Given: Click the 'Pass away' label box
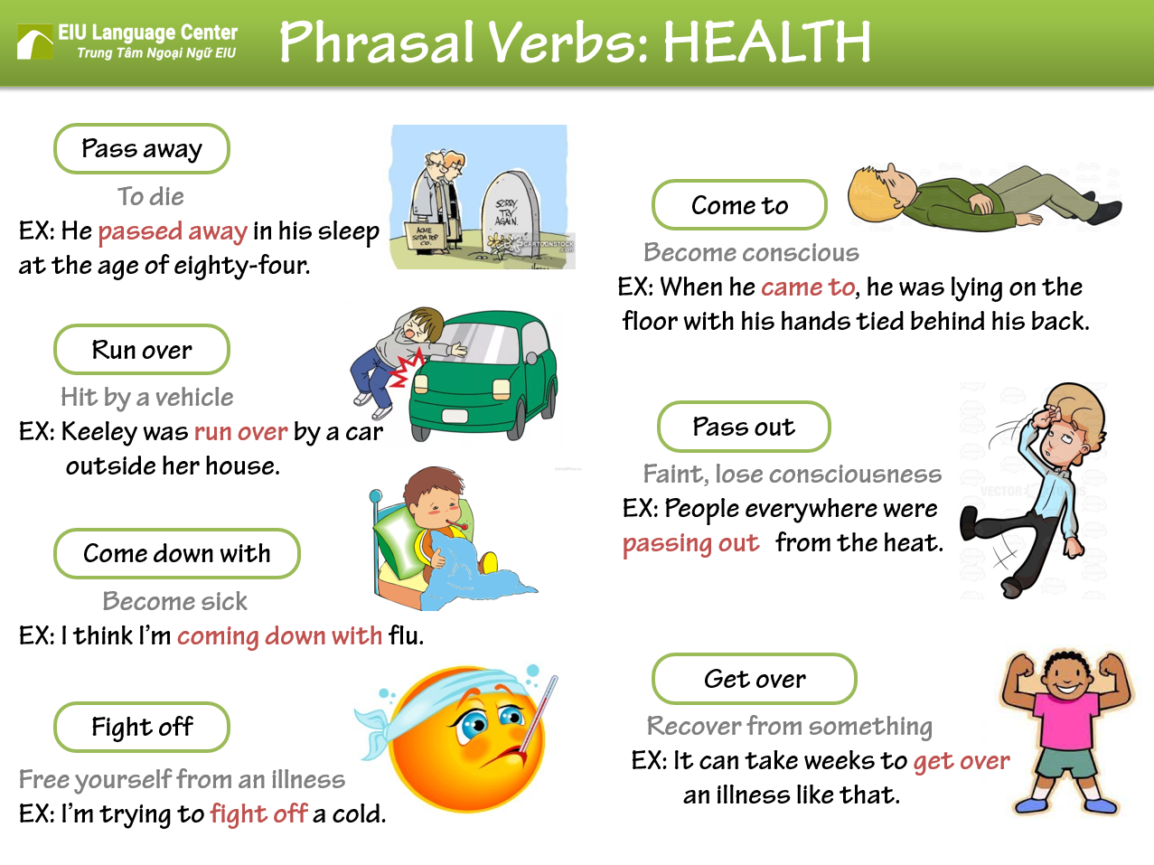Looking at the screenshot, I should tap(142, 149).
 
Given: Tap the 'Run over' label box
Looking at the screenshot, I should tap(142, 350).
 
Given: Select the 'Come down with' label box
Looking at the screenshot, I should tap(177, 553).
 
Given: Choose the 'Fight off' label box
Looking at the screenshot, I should tap(142, 727).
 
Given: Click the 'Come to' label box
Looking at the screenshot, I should tap(739, 205).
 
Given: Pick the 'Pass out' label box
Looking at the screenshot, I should tap(744, 427).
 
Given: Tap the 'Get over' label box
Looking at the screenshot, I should tap(755, 679).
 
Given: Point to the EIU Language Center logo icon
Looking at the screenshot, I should tap(35, 42).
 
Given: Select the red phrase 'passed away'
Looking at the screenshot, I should tap(173, 231).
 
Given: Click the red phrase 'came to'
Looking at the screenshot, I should tap(808, 287).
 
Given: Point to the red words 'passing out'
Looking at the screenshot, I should tap(691, 543).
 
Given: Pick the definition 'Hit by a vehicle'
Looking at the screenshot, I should tap(147, 397).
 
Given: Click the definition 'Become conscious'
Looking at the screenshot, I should tap(751, 253).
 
